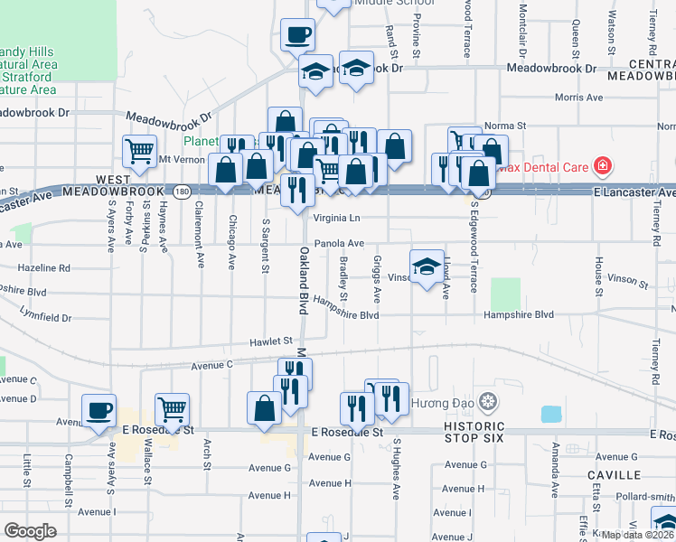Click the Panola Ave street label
[339, 243]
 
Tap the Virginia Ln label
[336, 218]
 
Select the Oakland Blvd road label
[304, 280]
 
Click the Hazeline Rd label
[43, 268]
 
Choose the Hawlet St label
[272, 341]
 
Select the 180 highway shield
[182, 192]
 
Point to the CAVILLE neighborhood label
[615, 474]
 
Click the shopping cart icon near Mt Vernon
[140, 152]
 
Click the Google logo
[31, 531]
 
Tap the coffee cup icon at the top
[297, 35]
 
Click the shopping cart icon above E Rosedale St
[172, 410]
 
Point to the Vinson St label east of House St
[629, 284]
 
